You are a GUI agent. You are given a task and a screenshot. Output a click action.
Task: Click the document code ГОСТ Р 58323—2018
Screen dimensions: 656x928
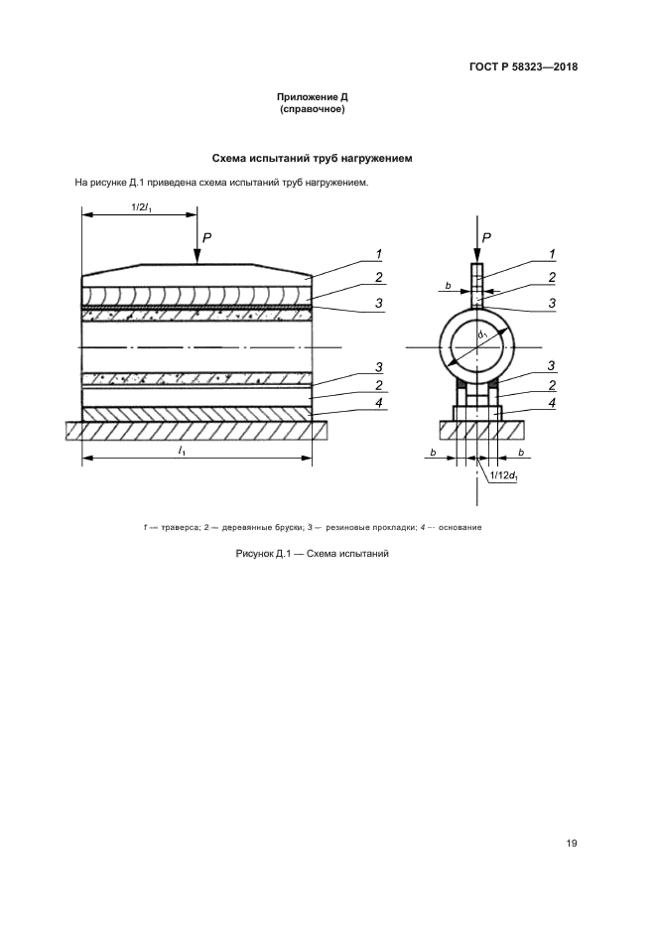pyautogui.click(x=523, y=66)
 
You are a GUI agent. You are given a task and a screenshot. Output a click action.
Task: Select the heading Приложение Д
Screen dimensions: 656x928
pyautogui.click(x=313, y=97)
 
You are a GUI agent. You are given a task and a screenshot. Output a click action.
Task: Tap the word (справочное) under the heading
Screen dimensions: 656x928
pyautogui.click(x=313, y=109)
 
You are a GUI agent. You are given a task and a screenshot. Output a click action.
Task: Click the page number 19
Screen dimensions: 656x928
pyautogui.click(x=572, y=844)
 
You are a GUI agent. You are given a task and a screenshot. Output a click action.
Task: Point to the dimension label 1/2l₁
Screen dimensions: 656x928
pyautogui.click(x=139, y=207)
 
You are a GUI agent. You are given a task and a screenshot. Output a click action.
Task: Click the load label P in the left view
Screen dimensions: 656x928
pyautogui.click(x=207, y=238)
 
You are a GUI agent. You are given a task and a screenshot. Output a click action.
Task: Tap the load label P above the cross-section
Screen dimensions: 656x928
pyautogui.click(x=486, y=238)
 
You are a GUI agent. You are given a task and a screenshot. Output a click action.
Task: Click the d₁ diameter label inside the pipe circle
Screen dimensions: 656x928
pyautogui.click(x=481, y=335)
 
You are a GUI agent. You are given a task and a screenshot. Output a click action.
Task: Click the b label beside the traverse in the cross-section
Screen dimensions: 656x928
pyautogui.click(x=449, y=286)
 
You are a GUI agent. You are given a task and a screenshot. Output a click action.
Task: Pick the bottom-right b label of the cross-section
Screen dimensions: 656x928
pyautogui.click(x=521, y=453)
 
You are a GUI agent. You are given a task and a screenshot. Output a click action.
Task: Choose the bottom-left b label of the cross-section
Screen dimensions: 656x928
pyautogui.click(x=433, y=453)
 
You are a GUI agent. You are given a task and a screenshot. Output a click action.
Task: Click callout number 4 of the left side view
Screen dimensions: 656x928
pyautogui.click(x=378, y=404)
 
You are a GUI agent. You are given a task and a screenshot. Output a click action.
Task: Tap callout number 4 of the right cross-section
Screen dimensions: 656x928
pyautogui.click(x=552, y=403)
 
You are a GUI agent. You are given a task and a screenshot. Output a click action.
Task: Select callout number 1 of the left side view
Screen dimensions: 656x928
pyautogui.click(x=378, y=254)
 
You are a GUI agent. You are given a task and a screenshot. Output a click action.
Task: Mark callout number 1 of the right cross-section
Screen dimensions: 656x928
pyautogui.click(x=552, y=254)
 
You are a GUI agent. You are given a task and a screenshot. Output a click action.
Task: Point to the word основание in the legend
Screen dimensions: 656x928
pyautogui.click(x=460, y=527)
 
